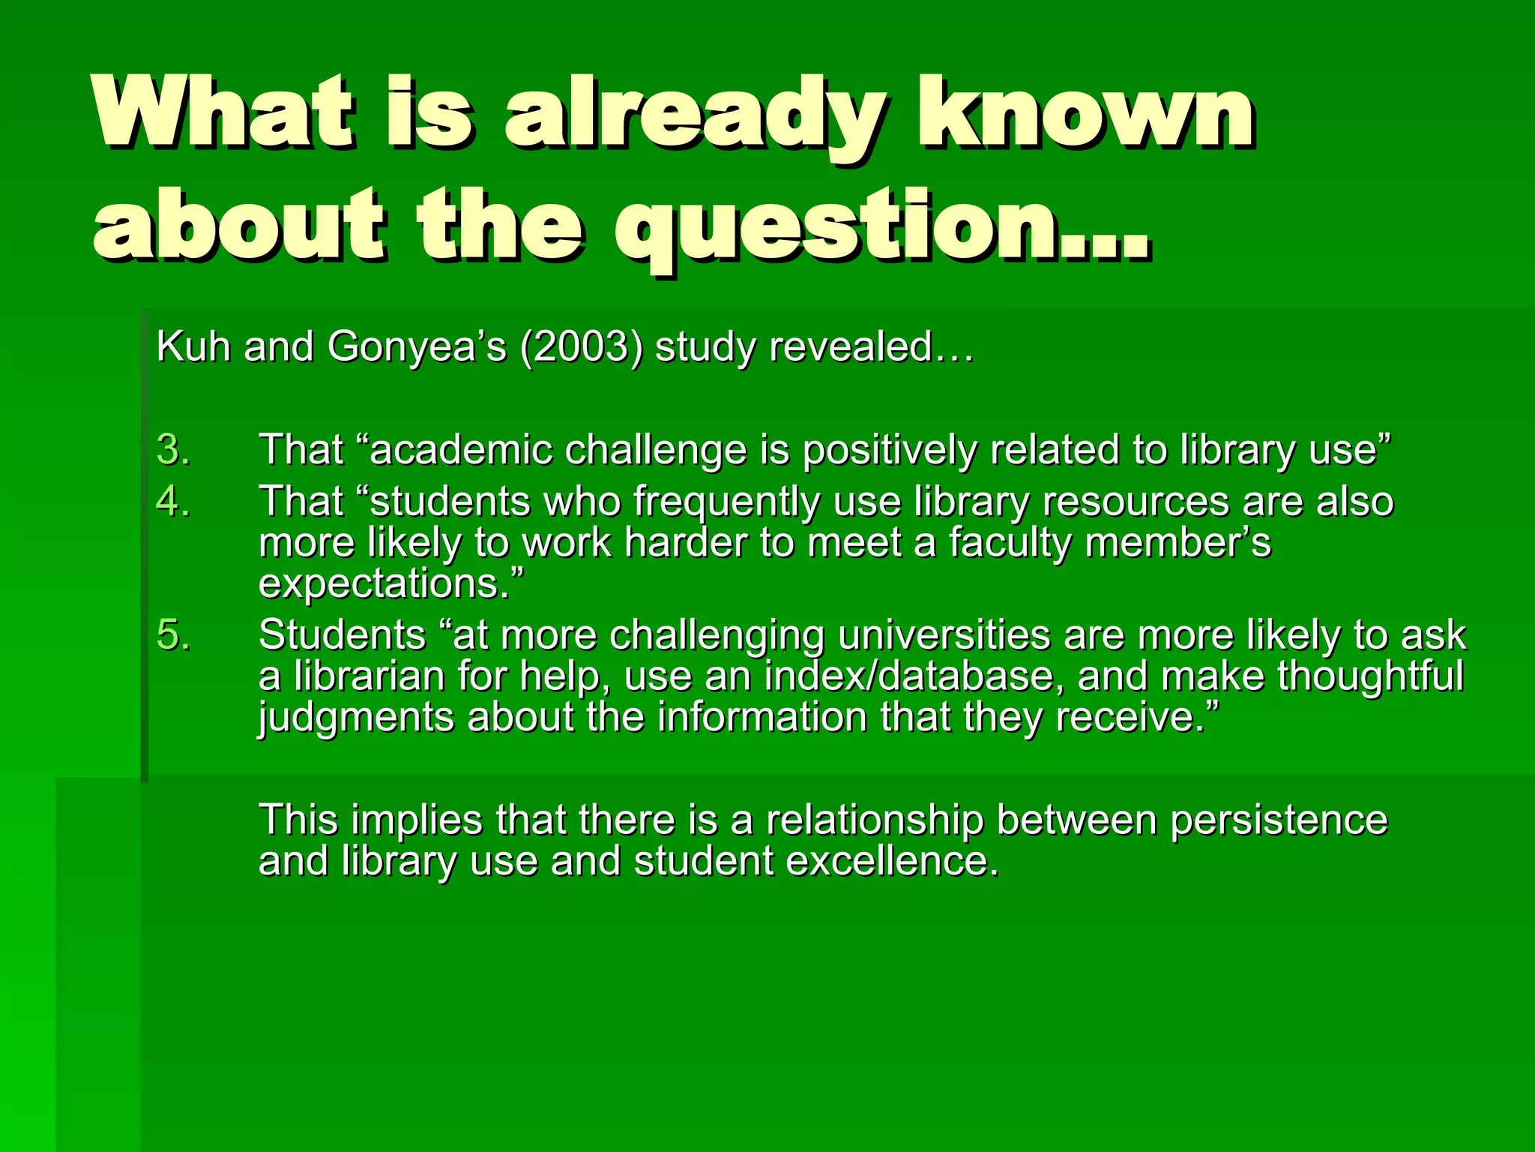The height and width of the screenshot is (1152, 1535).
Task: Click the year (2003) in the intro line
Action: (x=581, y=347)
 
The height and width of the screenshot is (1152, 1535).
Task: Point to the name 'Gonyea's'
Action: (x=417, y=347)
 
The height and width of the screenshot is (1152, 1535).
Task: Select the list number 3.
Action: (x=172, y=450)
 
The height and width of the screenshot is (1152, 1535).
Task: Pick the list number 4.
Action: (x=172, y=501)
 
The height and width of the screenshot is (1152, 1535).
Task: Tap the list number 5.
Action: (x=172, y=634)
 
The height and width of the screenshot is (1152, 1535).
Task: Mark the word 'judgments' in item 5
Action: (x=356, y=717)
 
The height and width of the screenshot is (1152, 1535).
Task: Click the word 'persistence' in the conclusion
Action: (x=1279, y=819)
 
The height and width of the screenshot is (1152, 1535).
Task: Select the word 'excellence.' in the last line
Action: (x=892, y=860)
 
